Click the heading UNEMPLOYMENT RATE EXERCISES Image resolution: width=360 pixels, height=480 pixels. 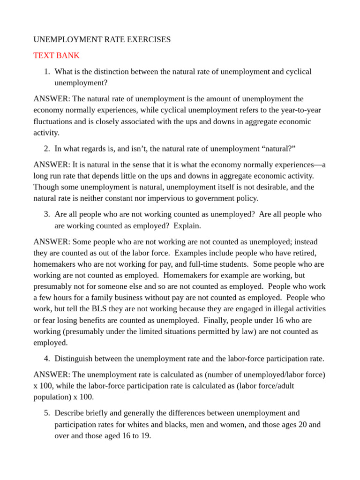(x=102, y=40)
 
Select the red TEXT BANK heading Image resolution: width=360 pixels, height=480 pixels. (x=56, y=55)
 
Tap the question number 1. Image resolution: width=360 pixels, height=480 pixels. (x=46, y=72)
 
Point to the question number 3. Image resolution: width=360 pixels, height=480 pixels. (x=46, y=214)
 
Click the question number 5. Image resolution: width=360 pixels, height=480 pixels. (x=46, y=413)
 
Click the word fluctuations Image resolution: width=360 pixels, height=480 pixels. (x=53, y=121)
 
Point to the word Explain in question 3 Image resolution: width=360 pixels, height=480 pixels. (x=187, y=225)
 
